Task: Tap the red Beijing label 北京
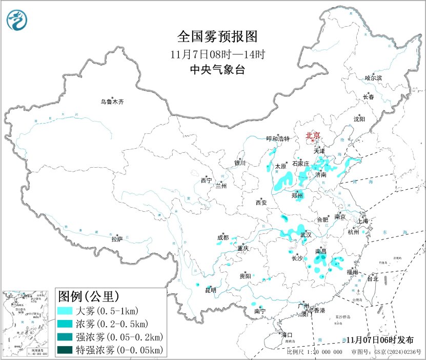point(313,135)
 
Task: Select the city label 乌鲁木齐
point(112,102)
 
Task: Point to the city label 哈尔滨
point(373,78)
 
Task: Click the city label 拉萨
point(117,239)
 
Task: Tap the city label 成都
point(223,237)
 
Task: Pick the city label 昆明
point(210,290)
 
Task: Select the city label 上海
point(363,221)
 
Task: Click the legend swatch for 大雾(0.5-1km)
point(65,311)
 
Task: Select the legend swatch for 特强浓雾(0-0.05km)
point(65,350)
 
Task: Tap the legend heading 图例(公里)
point(89,296)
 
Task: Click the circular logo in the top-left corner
point(17,20)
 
